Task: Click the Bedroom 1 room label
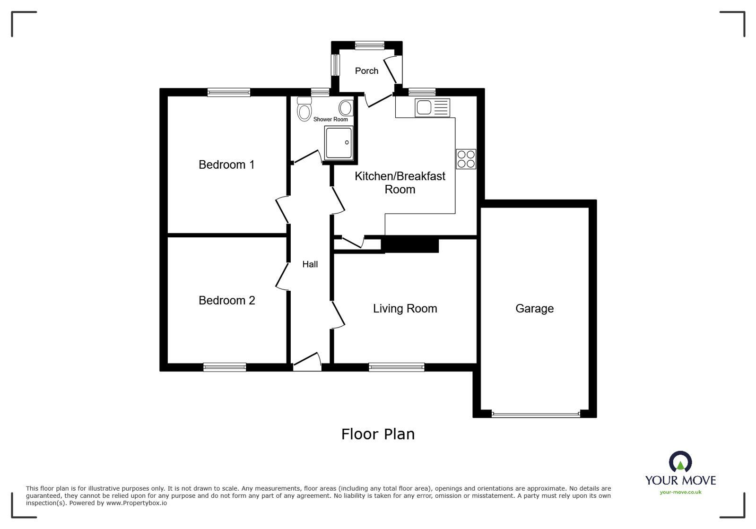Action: point(226,165)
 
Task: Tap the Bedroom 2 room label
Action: point(226,300)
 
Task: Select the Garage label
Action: point(534,309)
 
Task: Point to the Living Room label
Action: point(405,309)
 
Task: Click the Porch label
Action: point(366,71)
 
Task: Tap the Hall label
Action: point(310,264)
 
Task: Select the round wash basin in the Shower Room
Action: point(346,108)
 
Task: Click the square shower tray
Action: point(339,142)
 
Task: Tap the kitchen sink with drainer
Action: point(432,108)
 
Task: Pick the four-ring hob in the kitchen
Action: point(466,159)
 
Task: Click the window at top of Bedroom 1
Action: point(229,92)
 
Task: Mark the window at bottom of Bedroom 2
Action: point(225,367)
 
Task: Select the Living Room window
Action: point(397,367)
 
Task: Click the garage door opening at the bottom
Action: point(535,414)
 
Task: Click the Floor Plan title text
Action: point(378,434)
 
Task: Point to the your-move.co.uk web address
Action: point(680,492)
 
